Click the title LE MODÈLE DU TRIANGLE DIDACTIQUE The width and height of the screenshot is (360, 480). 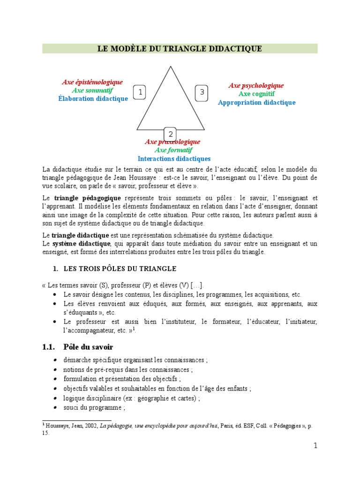180,49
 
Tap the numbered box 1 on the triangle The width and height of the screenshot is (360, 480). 140,93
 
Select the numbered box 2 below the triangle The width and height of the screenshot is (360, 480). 171,134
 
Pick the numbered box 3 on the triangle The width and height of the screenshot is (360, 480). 202,92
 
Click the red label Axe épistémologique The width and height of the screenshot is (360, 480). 92,82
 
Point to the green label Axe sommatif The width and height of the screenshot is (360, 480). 92,90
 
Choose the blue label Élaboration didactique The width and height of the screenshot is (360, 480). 93,98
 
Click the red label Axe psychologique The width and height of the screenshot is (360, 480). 256,85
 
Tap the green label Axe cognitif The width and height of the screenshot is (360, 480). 256,94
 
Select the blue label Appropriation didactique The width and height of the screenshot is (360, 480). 256,102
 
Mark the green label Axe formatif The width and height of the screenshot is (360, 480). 173,150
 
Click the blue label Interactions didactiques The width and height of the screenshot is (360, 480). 174,158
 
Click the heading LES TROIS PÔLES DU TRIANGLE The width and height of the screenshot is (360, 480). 119,269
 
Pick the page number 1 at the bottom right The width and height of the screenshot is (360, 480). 315,446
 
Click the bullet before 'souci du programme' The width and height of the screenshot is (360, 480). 56,408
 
